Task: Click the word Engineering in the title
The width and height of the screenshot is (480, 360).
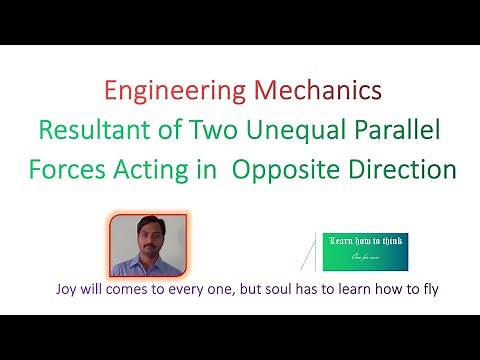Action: click(161, 93)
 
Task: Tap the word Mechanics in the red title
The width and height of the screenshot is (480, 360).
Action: click(319, 92)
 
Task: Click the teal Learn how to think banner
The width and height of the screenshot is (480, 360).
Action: click(367, 253)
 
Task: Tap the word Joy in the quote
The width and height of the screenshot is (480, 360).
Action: click(70, 291)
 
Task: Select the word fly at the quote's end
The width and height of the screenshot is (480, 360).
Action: click(428, 291)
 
